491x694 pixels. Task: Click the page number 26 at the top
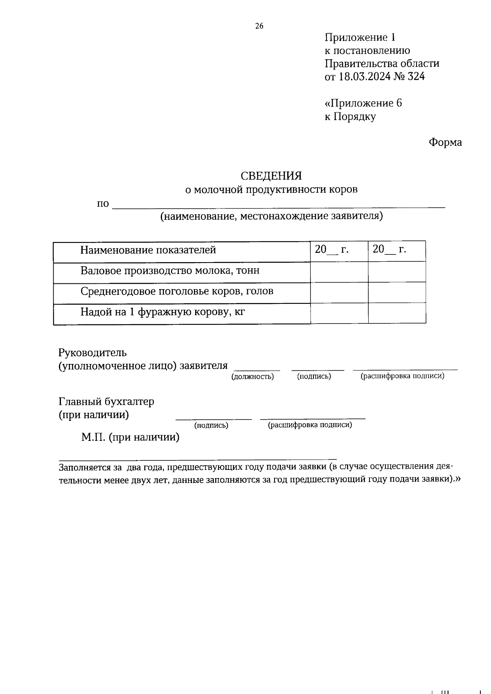pos(259,26)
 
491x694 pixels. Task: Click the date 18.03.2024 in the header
pos(363,76)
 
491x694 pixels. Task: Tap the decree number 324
pos(416,76)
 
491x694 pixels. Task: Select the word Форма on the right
pos(445,142)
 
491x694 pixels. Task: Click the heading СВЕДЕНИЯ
pos(271,176)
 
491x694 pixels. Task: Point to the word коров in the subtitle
pos(344,189)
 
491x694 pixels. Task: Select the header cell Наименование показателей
pos(148,250)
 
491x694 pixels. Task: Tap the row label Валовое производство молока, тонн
pos(170,271)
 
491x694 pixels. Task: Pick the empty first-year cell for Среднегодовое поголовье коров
pos(339,293)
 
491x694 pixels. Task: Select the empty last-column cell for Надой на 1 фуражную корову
pos(397,314)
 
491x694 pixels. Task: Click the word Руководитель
pos(92,352)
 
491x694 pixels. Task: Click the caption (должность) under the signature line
pos(252,377)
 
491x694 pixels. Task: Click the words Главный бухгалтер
pos(106,402)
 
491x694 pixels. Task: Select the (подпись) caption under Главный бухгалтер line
pos(211,426)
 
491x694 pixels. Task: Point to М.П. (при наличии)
pos(130,438)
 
